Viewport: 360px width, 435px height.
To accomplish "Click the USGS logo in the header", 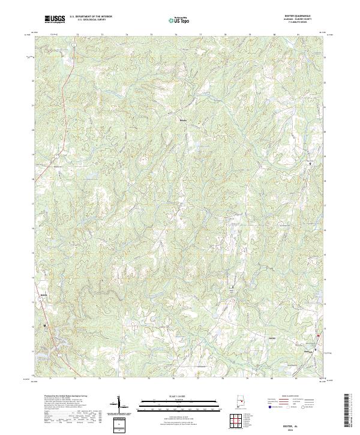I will coord(55,19).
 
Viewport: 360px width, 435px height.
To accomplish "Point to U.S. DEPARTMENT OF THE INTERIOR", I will coord(91,17).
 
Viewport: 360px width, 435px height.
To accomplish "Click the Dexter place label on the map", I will coord(271,338).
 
